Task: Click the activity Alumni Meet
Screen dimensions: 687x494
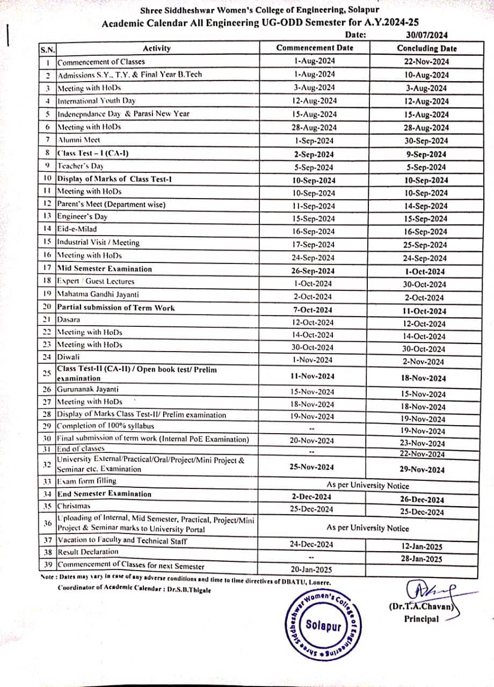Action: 78,140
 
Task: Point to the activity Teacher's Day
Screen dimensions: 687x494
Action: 81,166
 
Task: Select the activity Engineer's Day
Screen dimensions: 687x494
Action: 82,216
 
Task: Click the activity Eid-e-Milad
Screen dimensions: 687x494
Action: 77,229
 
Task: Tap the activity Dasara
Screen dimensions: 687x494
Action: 69,319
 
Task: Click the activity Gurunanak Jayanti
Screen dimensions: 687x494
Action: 88,389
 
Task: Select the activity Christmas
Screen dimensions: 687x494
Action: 74,506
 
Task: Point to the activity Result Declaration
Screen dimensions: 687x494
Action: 88,552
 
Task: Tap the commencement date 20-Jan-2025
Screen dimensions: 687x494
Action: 311,569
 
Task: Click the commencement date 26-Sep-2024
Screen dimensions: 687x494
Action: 311,271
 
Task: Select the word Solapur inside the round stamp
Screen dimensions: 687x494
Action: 323,625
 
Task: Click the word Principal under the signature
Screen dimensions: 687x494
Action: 422,619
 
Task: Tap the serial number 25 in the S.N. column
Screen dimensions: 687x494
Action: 47,374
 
